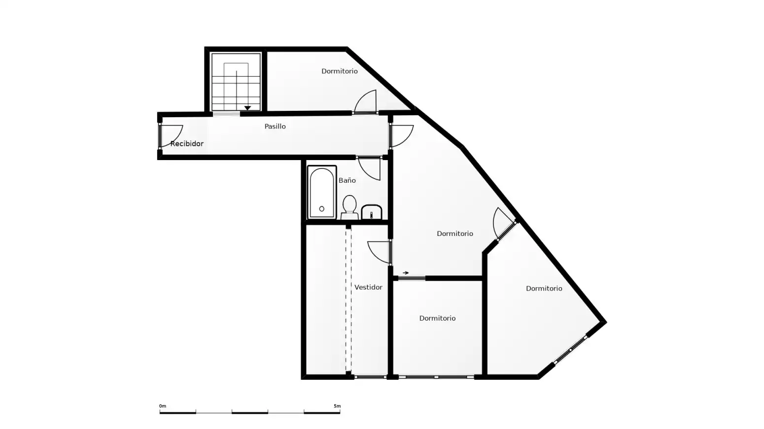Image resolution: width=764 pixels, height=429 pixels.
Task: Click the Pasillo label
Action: coord(275,127)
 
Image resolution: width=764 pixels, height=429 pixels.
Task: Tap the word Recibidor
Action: coord(187,144)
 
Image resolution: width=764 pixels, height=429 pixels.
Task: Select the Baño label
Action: coord(347,180)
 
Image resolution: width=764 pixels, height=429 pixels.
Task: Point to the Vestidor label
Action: coord(368,287)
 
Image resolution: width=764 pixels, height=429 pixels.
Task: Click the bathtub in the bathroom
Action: coord(322,192)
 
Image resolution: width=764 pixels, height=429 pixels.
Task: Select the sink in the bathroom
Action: coord(372,212)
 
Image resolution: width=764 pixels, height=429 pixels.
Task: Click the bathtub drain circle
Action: coord(322,209)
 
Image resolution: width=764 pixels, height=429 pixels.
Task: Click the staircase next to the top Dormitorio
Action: coord(236,82)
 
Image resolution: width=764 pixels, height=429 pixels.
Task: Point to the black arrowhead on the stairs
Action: coord(247,108)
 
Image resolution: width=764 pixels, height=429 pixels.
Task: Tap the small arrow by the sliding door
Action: coord(406,272)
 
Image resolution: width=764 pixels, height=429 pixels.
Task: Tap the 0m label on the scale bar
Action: coord(163,406)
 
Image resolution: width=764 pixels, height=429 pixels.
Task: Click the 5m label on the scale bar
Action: coord(337,406)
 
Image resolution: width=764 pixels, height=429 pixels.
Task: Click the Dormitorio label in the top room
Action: coord(340,71)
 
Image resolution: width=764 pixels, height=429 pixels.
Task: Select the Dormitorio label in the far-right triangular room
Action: coord(544,289)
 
